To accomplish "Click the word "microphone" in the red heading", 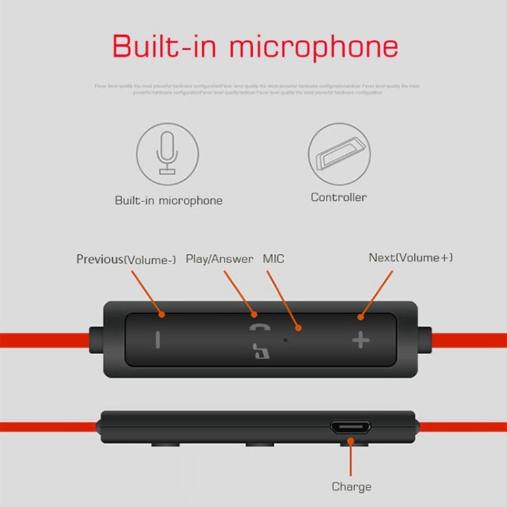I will (314, 47).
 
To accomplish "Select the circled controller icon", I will (339, 154).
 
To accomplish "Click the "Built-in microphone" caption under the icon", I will (168, 200).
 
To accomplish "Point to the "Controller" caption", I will (339, 197).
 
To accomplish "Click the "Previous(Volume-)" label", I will (126, 259).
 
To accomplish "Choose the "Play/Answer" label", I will (219, 259).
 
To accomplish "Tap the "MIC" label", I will (274, 259).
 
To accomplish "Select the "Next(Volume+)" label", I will (410, 258).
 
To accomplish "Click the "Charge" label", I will (352, 486).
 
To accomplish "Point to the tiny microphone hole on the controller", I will (285, 338).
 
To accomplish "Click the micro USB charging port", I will (350, 428).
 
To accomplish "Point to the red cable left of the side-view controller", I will (47, 427).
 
